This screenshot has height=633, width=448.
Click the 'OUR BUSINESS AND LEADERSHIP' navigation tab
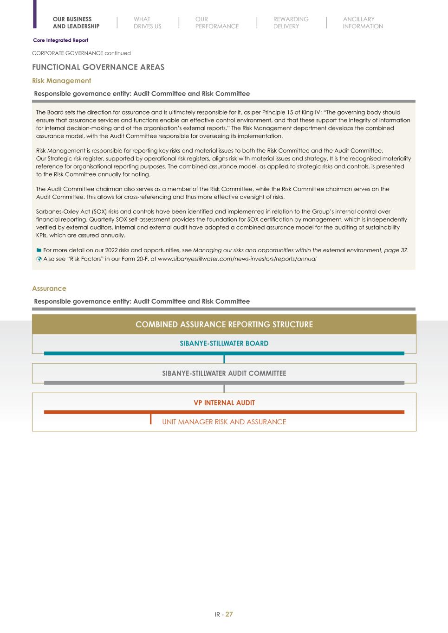76,23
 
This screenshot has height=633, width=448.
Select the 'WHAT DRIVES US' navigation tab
147,23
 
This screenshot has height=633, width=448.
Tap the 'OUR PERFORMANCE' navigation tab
217,23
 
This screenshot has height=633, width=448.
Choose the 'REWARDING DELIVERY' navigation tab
291,23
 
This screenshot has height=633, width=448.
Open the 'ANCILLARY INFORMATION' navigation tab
363,23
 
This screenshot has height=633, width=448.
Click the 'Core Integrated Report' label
60,40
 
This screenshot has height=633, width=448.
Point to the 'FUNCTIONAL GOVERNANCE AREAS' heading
98,67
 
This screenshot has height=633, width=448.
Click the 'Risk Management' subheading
61,81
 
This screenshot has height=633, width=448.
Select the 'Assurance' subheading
49,288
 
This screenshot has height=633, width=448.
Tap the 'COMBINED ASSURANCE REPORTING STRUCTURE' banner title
224,325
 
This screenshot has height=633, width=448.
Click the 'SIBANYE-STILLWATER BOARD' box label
224,344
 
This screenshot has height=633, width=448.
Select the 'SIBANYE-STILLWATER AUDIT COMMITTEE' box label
224,373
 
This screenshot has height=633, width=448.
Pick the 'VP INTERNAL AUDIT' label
224,403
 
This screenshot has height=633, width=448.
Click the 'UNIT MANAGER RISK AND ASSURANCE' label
224,422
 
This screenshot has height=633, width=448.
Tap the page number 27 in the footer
229,614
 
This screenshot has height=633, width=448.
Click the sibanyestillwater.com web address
237,259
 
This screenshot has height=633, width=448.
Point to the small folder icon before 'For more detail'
39,250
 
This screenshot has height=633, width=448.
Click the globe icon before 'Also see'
39,259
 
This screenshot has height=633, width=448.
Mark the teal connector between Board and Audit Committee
224,359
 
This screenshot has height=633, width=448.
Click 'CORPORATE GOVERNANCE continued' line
81,53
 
